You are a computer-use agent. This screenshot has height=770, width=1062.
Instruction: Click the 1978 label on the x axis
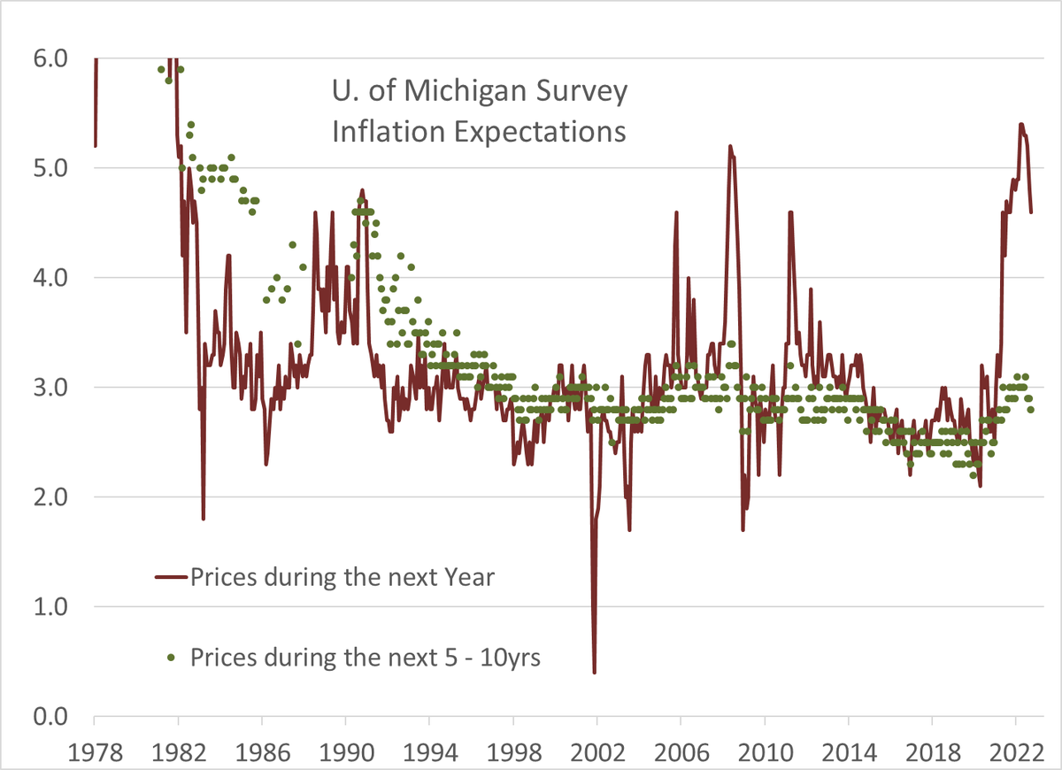click(95, 748)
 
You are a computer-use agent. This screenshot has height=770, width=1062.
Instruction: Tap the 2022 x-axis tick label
click(1015, 748)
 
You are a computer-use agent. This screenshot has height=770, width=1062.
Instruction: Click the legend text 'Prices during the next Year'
click(342, 578)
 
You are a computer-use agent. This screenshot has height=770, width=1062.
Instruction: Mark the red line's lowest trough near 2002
click(594, 673)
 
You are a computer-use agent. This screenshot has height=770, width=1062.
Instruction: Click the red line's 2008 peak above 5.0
click(730, 146)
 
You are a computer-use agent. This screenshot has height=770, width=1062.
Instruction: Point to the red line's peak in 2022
click(1021, 124)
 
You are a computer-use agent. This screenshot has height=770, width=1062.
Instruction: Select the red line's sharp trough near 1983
click(204, 519)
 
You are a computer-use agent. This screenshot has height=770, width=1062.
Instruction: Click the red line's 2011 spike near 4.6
click(790, 212)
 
